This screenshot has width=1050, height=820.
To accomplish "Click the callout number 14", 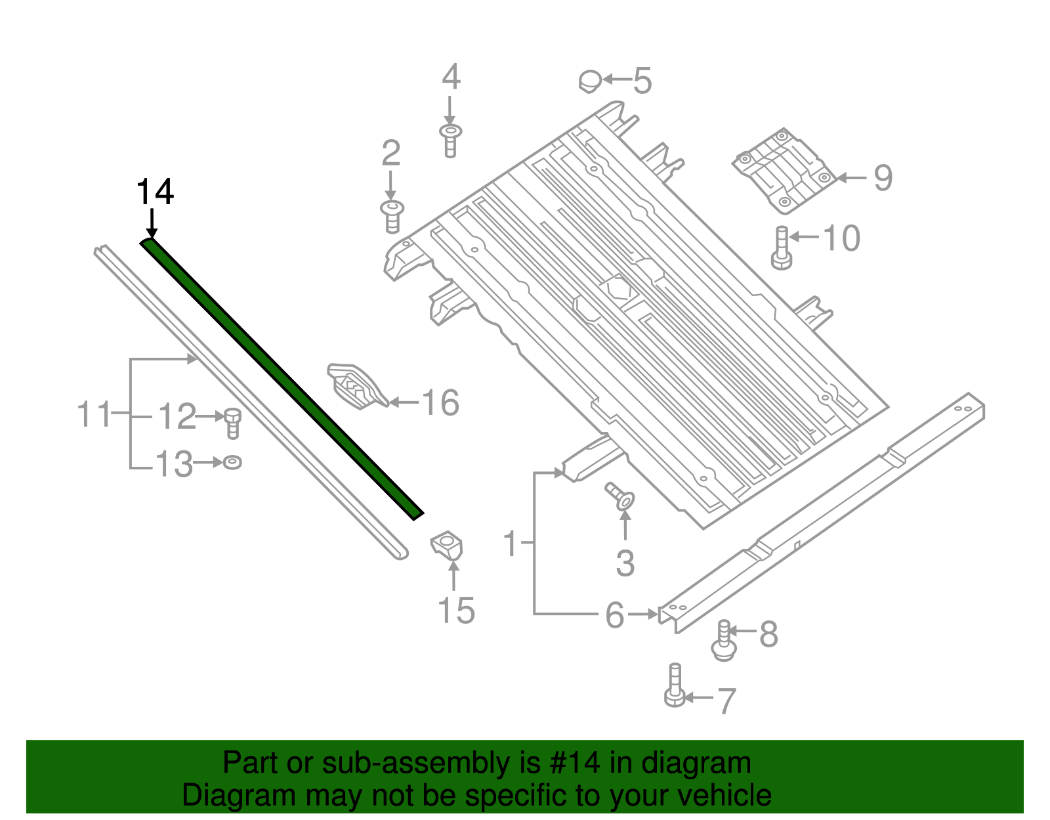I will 155,192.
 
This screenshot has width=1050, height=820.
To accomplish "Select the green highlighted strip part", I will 282,379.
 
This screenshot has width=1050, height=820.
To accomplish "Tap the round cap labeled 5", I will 590,81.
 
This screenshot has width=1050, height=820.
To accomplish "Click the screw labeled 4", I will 450,140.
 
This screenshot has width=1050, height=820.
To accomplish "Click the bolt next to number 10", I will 782,248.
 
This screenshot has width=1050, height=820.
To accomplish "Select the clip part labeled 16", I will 356,387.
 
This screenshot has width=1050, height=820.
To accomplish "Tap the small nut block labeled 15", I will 447,547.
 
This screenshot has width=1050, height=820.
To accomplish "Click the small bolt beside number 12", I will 232,423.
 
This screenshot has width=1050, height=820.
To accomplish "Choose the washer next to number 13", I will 232,463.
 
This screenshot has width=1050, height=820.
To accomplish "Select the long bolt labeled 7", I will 675,686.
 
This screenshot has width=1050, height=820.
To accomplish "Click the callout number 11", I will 94,415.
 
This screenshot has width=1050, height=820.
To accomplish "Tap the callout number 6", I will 614,616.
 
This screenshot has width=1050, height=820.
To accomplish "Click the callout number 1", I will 512,544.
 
